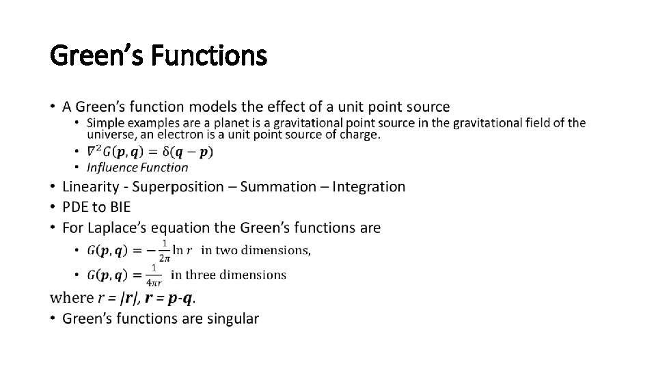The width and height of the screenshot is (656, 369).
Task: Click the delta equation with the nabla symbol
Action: coord(150,151)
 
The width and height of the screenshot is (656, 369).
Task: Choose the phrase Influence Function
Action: coord(137,167)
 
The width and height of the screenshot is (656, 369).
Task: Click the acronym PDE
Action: coord(77,206)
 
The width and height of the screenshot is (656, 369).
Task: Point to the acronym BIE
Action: coord(119,206)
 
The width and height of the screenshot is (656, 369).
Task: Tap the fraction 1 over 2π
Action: coord(165,251)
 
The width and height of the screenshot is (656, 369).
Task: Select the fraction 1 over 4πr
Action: coord(154,275)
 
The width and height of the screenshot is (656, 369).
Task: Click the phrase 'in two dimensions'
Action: coord(255,250)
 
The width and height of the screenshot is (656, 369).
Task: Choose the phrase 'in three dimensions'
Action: coord(228,275)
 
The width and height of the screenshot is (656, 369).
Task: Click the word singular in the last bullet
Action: coord(231,318)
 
